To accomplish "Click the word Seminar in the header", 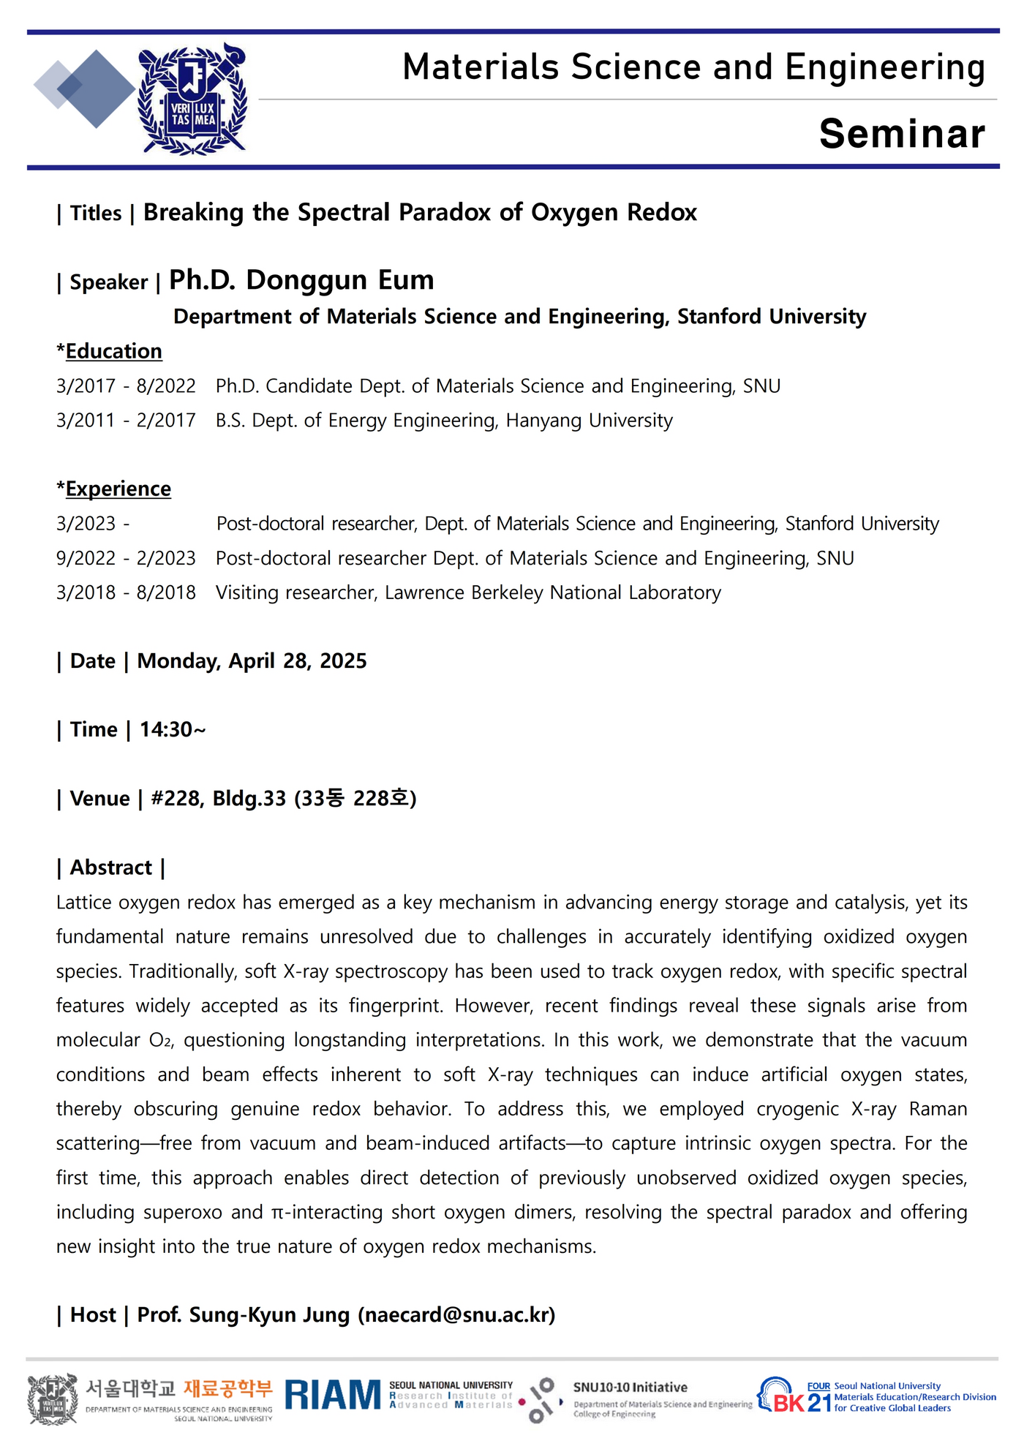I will (x=901, y=134).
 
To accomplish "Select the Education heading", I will (x=113, y=351).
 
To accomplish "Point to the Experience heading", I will (x=118, y=489).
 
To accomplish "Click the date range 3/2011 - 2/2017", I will (x=126, y=421).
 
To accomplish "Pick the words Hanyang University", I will (x=589, y=421).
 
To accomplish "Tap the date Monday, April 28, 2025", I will (x=252, y=661).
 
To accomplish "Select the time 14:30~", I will (x=173, y=730).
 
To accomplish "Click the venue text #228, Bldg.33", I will (x=218, y=799).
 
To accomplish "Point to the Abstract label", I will (x=110, y=867).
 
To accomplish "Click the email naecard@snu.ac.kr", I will (x=456, y=1315).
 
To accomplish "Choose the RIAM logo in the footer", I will (x=333, y=1395).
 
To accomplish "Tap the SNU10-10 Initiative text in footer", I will (x=630, y=1388).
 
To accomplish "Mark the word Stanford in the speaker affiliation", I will (x=720, y=317).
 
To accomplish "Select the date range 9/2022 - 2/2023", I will (x=126, y=558).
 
